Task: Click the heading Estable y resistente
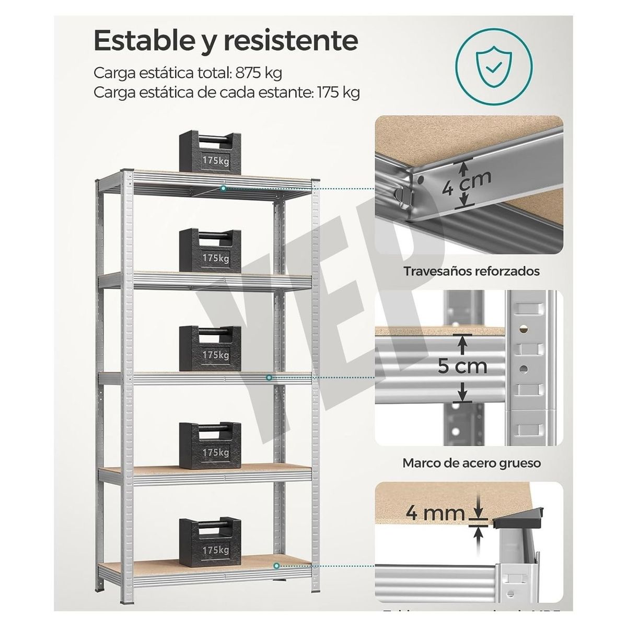click(x=226, y=40)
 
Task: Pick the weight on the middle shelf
click(x=210, y=346)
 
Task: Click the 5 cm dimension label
click(x=462, y=366)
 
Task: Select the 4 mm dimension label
click(x=436, y=514)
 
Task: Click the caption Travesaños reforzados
click(x=471, y=272)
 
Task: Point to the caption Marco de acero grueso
click(x=471, y=463)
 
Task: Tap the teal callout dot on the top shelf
click(x=224, y=188)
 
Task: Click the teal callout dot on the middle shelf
click(x=269, y=377)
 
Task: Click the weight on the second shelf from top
click(x=210, y=250)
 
